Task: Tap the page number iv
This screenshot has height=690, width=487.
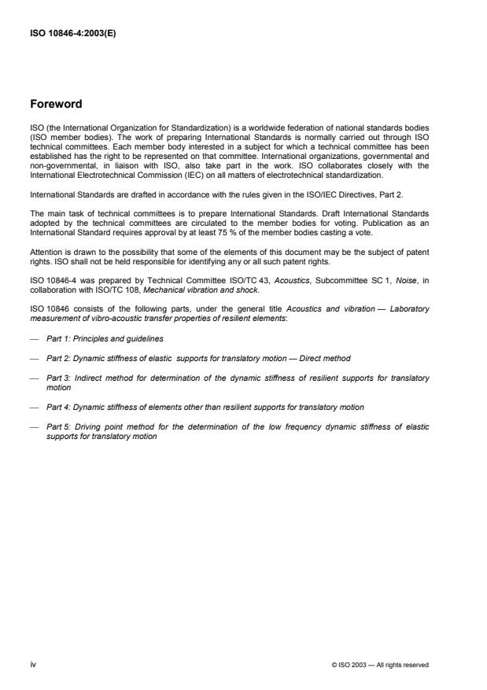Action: [33, 665]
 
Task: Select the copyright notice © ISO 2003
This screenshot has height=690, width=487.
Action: [380, 666]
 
